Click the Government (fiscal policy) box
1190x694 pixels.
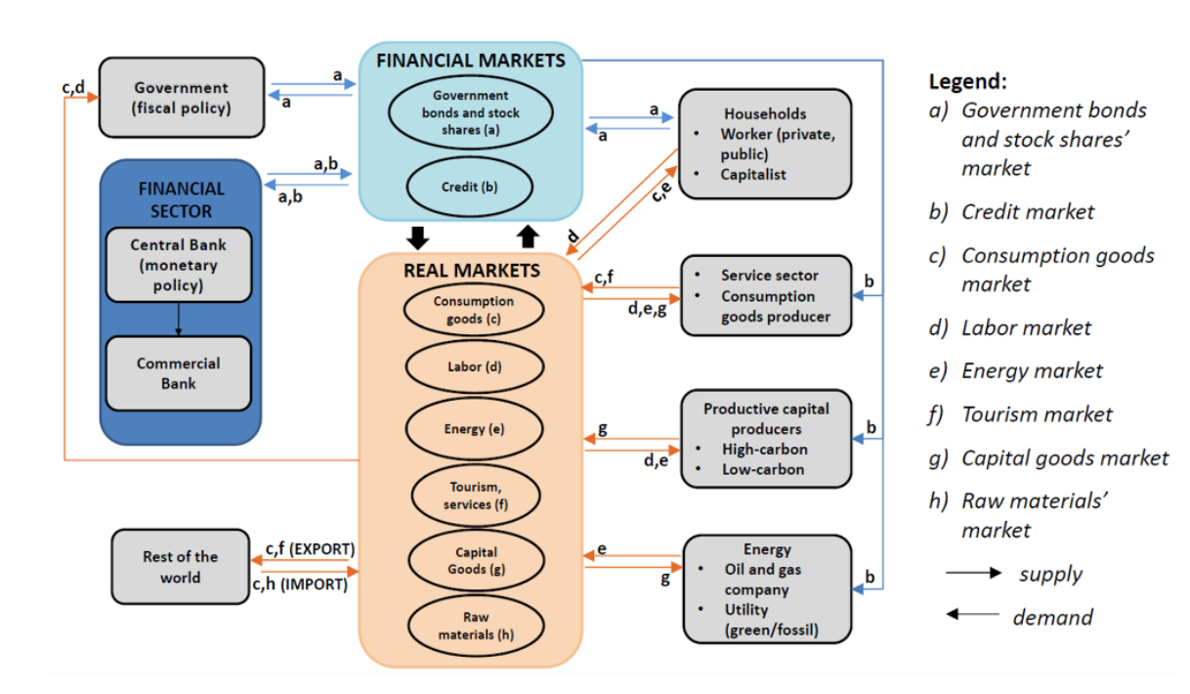click(x=182, y=98)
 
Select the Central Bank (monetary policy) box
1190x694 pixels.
click(x=178, y=265)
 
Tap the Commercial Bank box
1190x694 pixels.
click(x=178, y=373)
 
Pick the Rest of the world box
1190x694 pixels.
click(x=181, y=567)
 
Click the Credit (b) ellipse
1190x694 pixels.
click(x=469, y=187)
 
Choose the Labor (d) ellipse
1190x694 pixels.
click(x=475, y=367)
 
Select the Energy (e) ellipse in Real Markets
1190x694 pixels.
click(x=475, y=428)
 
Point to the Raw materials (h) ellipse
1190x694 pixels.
click(x=475, y=626)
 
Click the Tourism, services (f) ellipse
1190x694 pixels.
click(x=475, y=496)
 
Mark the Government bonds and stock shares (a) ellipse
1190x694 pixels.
click(x=471, y=112)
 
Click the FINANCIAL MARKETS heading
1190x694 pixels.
click(x=471, y=61)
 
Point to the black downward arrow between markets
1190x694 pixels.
click(x=418, y=237)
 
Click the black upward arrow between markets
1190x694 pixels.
click(x=528, y=237)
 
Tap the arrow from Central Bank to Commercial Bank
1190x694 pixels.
click(x=178, y=319)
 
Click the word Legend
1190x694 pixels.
click(x=966, y=81)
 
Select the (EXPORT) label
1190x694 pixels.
click(x=319, y=548)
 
